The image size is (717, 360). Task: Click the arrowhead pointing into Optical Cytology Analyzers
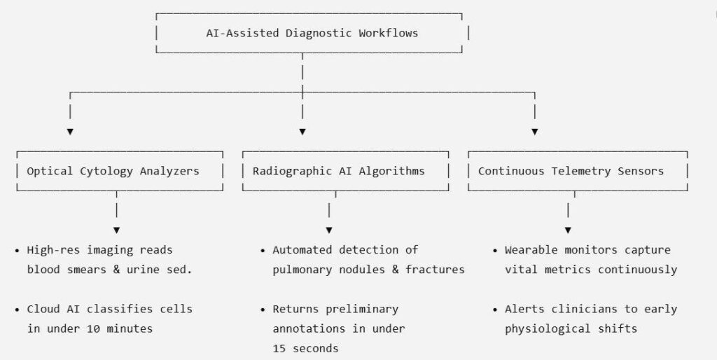[70, 132]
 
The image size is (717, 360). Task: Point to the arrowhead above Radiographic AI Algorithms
[302, 132]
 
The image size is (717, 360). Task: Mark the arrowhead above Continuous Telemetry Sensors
[534, 132]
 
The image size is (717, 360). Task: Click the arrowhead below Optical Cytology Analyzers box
[117, 230]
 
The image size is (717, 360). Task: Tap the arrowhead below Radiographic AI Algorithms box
[329, 230]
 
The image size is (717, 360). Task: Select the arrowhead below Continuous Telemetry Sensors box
[568, 230]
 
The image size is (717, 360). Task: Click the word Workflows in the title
[388, 33]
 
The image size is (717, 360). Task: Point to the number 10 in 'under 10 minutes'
[93, 328]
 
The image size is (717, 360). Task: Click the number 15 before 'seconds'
[279, 348]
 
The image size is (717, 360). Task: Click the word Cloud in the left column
[43, 309]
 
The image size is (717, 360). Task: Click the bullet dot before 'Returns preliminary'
[263, 310]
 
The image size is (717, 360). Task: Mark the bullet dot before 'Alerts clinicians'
[495, 310]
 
